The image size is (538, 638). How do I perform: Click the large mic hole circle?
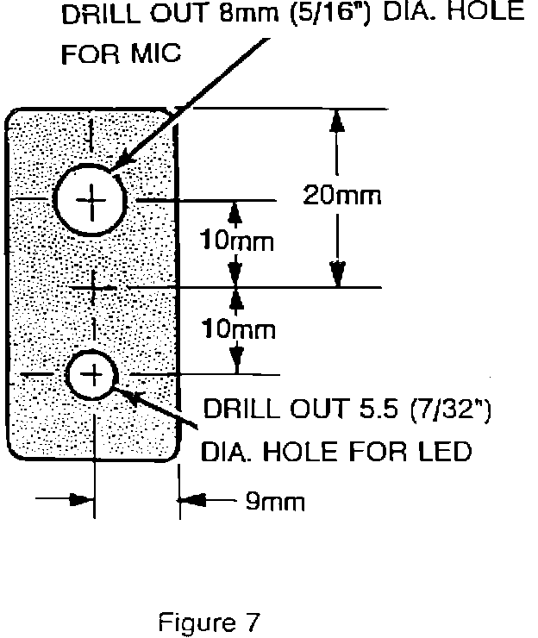pos(91,200)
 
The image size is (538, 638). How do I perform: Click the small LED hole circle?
pos(91,374)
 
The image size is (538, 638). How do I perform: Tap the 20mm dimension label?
pos(341,196)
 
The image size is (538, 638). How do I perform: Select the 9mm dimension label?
pos(275,502)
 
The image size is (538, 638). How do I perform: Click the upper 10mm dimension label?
pos(237,241)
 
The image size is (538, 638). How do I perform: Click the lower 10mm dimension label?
pos(237,329)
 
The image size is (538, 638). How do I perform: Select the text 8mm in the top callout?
pos(255,14)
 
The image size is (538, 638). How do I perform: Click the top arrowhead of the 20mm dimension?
pos(337,121)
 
